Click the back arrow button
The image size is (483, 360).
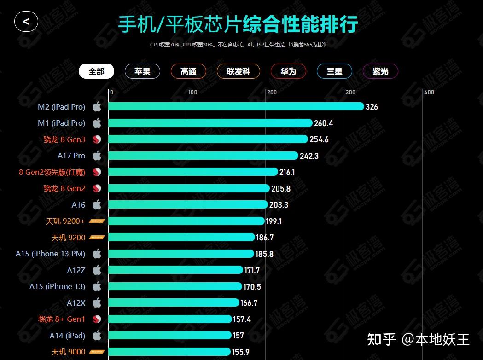tap(26, 22)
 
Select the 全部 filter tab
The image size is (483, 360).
tap(96, 71)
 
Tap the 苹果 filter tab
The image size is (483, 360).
tap(142, 71)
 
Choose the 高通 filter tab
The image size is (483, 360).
tap(188, 71)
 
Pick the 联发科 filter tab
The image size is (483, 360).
tap(239, 71)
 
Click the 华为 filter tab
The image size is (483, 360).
tap(288, 71)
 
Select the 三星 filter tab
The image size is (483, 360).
tap(334, 71)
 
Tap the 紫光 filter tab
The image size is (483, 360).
tap(380, 71)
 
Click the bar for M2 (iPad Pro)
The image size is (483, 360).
tap(236, 107)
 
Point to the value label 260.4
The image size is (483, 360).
tap(324, 123)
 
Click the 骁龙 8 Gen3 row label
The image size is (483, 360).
tap(64, 139)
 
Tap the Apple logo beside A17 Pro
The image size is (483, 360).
tap(97, 156)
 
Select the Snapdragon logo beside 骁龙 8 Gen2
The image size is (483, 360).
tap(97, 188)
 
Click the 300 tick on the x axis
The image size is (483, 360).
tap(350, 93)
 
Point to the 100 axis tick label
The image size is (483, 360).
tap(192, 93)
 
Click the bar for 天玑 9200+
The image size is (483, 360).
tap(186, 221)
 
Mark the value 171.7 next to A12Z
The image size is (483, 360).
tap(252, 270)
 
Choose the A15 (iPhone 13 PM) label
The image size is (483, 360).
tap(50, 254)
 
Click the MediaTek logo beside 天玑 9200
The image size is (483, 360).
tap(97, 238)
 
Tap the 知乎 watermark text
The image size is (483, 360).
tap(381, 340)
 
